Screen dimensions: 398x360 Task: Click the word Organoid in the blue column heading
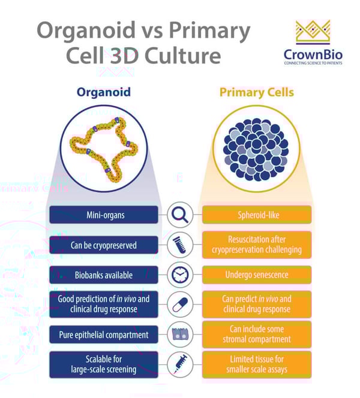103,92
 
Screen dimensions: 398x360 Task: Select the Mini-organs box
104,215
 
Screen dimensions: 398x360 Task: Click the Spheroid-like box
256,215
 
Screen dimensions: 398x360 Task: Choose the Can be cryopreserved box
104,245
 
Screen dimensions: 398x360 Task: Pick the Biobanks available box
104,275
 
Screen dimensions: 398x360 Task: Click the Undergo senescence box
256,275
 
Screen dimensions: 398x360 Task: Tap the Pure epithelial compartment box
104,334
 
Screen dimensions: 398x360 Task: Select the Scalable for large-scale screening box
104,364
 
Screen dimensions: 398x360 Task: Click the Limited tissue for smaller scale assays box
256,364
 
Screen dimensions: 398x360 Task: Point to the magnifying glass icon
180,215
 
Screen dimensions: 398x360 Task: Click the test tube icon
180,245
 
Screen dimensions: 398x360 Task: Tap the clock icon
180,275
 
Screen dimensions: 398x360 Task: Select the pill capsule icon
180,304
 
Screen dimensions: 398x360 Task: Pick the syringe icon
180,364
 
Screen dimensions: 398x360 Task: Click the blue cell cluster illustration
256,146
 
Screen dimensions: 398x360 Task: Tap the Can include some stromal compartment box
256,334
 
